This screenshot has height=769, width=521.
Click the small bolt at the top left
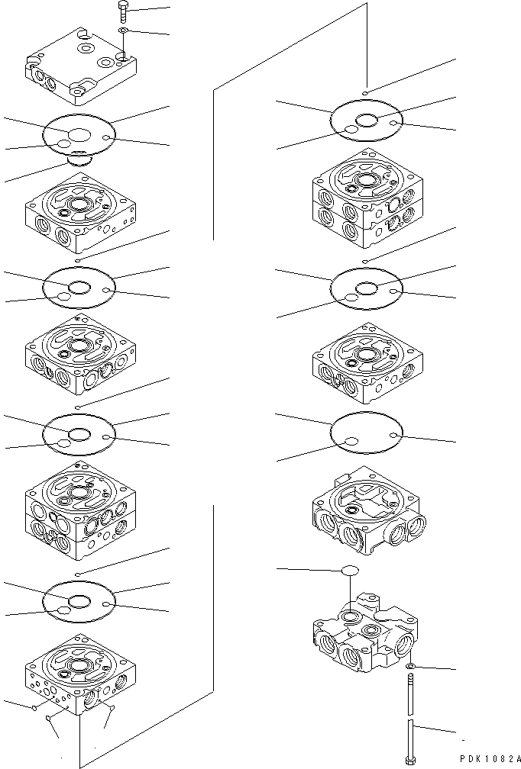click(123, 10)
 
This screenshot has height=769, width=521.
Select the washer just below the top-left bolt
click(124, 30)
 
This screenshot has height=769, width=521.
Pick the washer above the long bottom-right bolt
click(410, 668)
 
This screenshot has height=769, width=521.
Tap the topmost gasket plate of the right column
click(366, 121)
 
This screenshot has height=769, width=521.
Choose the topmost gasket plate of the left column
click(79, 137)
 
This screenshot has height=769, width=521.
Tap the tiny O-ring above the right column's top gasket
click(366, 92)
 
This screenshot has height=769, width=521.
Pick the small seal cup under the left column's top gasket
click(79, 160)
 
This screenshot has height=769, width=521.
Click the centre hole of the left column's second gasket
click(79, 287)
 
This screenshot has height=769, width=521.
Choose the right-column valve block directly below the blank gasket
click(367, 513)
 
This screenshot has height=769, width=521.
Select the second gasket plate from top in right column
click(366, 289)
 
